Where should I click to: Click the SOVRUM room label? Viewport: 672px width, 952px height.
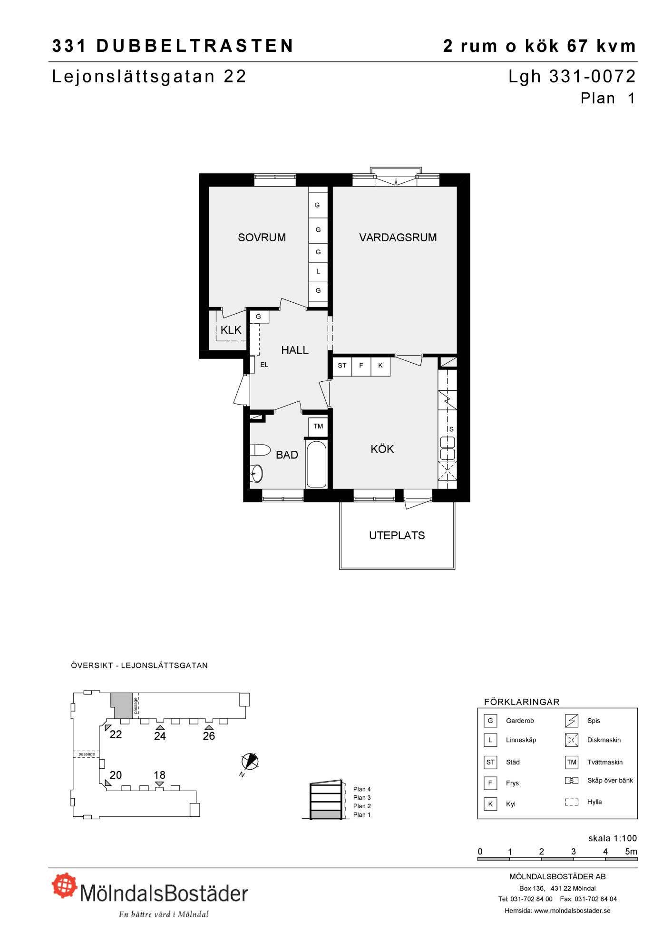click(262, 237)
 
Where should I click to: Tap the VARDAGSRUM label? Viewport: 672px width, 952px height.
click(398, 237)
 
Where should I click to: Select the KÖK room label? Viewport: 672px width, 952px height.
click(382, 448)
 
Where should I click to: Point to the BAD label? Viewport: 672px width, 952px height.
click(287, 455)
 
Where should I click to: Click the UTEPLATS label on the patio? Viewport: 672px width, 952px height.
click(397, 535)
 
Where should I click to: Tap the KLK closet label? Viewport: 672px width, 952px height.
click(231, 330)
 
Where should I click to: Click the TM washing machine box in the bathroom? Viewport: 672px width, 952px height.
click(318, 426)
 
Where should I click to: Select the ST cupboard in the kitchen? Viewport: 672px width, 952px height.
click(342, 366)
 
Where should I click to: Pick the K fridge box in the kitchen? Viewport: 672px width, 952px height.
click(380, 366)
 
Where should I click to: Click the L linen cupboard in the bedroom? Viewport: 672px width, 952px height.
click(318, 271)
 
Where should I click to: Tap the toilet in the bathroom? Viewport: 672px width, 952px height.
click(260, 450)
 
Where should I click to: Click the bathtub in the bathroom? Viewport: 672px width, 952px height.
click(317, 464)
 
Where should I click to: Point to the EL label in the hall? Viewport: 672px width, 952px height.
click(264, 365)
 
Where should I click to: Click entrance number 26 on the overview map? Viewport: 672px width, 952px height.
click(209, 736)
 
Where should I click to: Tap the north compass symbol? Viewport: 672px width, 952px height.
click(250, 762)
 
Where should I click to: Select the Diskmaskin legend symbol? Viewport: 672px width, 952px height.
click(572, 740)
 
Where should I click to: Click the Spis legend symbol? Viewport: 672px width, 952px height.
click(572, 721)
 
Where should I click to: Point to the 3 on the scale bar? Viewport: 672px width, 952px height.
click(574, 852)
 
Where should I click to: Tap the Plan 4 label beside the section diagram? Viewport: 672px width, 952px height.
click(362, 789)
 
